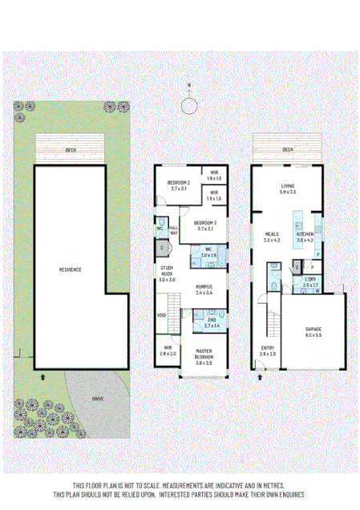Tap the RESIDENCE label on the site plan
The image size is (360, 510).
click(x=71, y=269)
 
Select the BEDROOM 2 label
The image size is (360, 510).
click(x=178, y=184)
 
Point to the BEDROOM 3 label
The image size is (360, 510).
click(x=206, y=224)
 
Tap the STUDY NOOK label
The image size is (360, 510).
click(x=168, y=270)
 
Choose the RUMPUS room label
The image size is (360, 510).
click(x=204, y=287)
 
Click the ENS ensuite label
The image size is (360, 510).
click(x=212, y=322)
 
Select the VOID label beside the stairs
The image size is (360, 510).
click(x=161, y=315)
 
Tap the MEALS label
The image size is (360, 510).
click(x=272, y=236)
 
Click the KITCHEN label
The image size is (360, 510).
click(x=305, y=236)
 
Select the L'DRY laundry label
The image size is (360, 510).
click(x=310, y=281)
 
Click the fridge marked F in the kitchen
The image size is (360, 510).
click(x=319, y=256)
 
